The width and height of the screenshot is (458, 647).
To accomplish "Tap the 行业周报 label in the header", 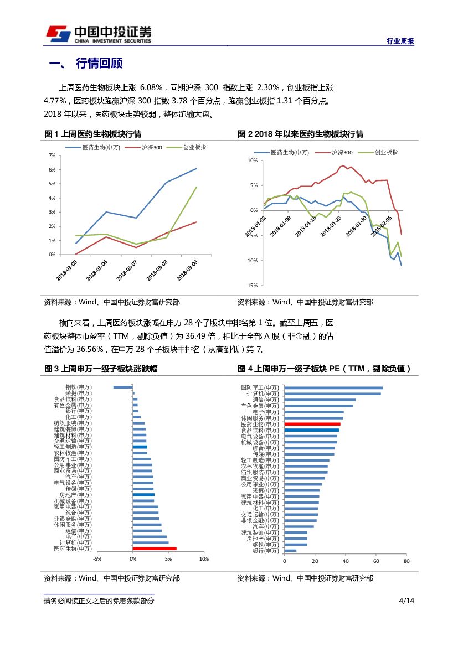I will [400, 42].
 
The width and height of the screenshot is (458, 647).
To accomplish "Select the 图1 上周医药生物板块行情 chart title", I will [92, 134].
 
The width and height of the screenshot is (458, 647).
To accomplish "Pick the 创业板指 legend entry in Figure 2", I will [385, 152].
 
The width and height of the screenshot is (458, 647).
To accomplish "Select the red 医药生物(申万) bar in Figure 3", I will [155, 548].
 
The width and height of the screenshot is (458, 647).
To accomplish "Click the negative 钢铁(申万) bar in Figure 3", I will [123, 387].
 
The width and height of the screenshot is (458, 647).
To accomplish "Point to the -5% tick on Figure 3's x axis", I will [97, 559].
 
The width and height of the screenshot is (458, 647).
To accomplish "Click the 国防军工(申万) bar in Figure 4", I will [333, 388].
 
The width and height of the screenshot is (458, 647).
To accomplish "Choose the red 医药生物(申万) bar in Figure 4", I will [312, 424].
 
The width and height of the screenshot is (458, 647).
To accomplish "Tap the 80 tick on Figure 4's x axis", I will [406, 561].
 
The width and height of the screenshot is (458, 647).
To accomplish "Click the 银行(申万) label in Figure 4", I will [266, 551].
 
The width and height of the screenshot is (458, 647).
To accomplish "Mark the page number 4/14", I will [406, 601].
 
